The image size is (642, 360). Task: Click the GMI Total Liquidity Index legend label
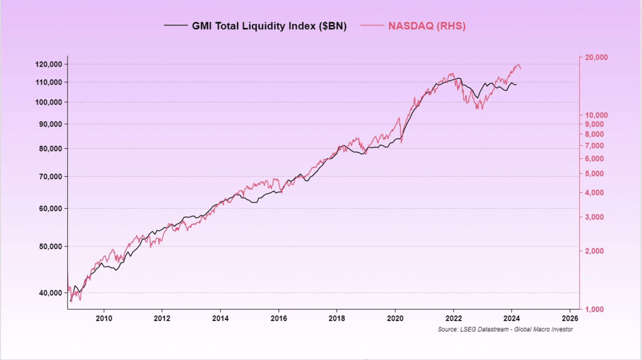(x=269, y=26)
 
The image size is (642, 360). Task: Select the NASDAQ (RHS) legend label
(x=426, y=26)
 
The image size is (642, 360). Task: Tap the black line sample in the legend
(x=176, y=26)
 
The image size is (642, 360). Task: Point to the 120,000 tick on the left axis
(x=48, y=64)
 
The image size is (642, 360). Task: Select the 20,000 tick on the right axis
(x=596, y=57)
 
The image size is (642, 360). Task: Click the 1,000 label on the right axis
(x=594, y=309)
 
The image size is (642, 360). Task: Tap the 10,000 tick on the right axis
(x=596, y=115)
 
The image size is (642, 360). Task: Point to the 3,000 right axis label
(x=594, y=217)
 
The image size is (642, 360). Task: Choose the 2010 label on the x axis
(x=104, y=318)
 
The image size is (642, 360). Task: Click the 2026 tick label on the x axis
(x=570, y=318)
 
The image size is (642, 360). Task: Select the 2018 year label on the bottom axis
(x=337, y=318)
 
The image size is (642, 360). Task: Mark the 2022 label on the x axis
(x=453, y=318)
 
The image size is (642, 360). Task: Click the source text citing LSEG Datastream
(x=505, y=329)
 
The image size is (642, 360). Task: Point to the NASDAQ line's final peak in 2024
(x=518, y=65)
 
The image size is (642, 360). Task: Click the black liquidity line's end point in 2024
(x=516, y=85)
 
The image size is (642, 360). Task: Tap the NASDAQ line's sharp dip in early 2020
(x=402, y=142)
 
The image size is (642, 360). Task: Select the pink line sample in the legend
(x=372, y=26)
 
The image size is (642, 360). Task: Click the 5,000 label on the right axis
(x=594, y=174)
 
